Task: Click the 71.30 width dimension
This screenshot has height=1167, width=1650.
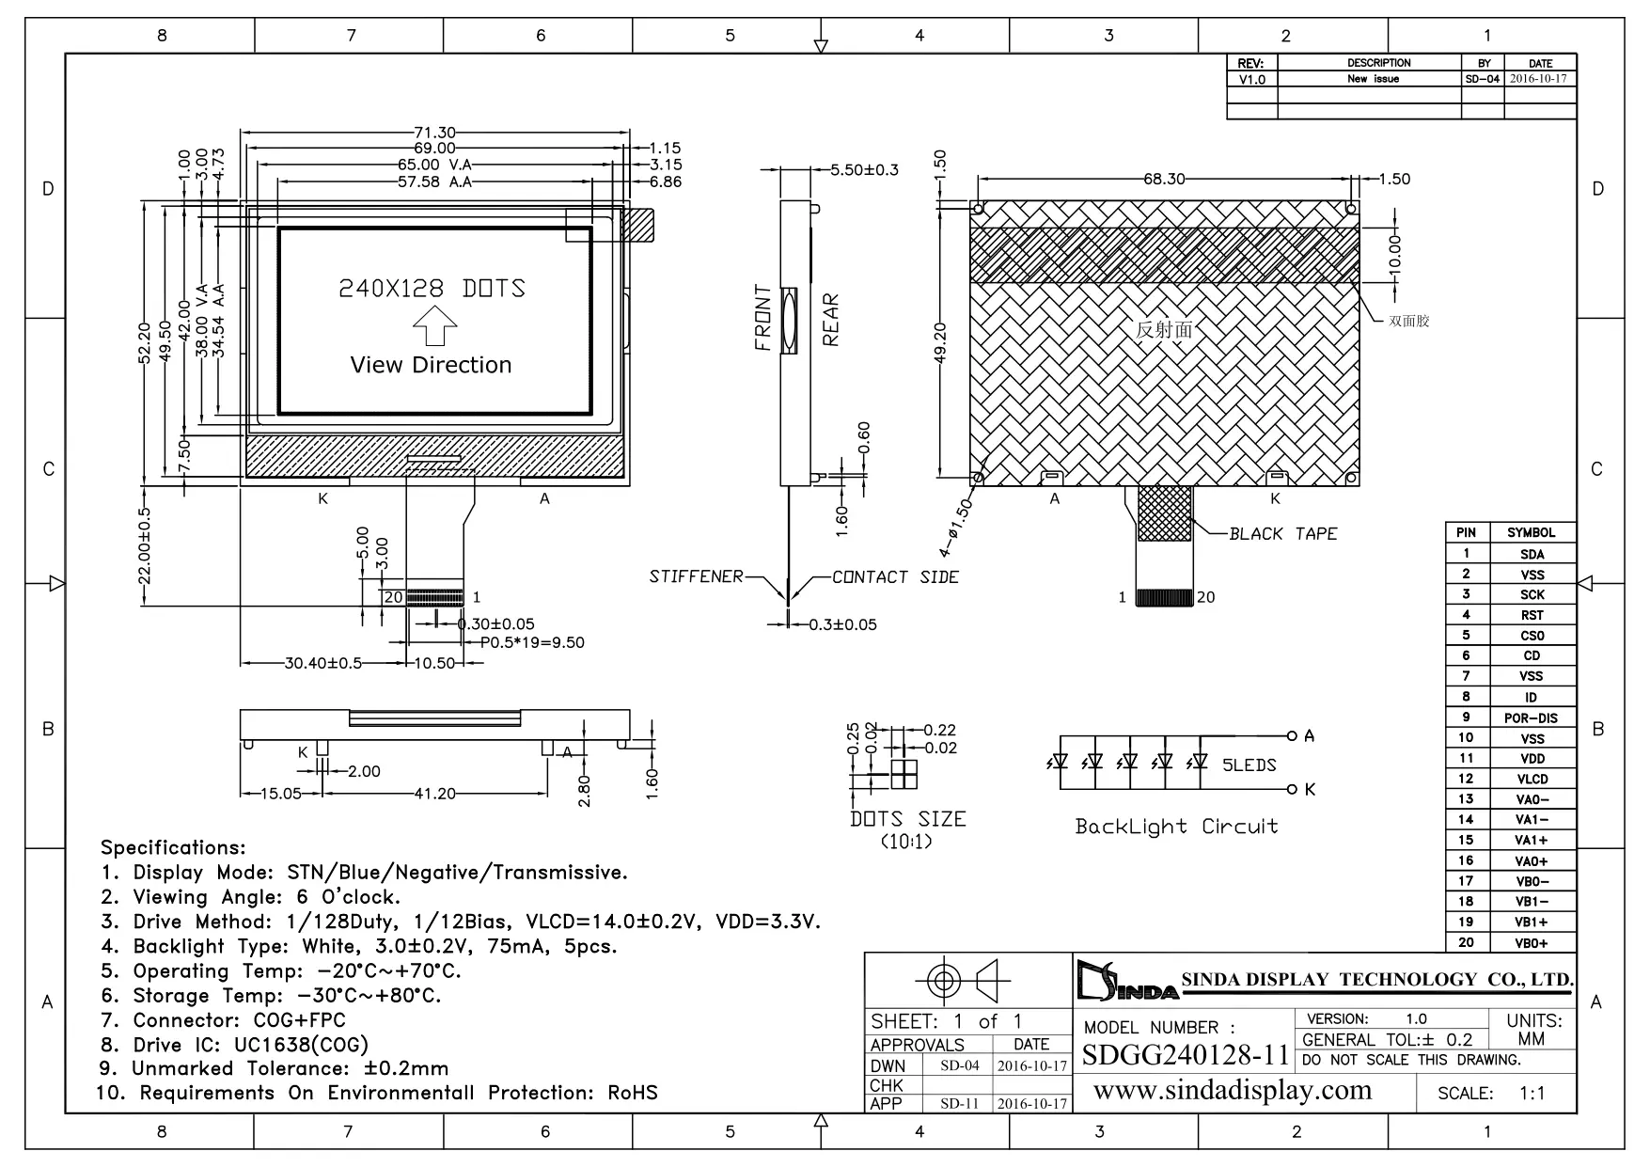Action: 435,133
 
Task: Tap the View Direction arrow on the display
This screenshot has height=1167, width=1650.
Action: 434,329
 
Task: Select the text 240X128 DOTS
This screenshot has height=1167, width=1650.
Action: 432,288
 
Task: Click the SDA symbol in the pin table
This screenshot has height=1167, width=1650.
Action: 1532,554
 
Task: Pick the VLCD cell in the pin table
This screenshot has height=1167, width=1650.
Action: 1532,779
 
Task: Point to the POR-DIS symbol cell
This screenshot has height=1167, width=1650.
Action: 1531,718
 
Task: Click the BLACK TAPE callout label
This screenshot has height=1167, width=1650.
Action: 1282,533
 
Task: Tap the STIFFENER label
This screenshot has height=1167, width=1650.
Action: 696,576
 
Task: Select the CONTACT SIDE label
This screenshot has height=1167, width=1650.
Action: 895,576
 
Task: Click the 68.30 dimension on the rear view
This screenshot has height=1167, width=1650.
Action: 1164,179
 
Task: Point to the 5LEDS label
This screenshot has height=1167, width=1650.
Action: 1249,765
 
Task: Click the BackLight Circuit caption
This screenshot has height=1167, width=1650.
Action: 1176,827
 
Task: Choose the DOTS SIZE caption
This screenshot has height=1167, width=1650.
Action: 907,819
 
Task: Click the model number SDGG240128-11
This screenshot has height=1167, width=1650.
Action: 1186,1054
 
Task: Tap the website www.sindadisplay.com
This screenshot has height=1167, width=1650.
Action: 1233,1090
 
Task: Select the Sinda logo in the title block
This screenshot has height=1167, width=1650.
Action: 1127,980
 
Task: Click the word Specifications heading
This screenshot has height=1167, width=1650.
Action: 173,847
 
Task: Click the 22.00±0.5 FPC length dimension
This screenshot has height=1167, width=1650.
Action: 144,545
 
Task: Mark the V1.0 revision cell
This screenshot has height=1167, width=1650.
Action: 1251,79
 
